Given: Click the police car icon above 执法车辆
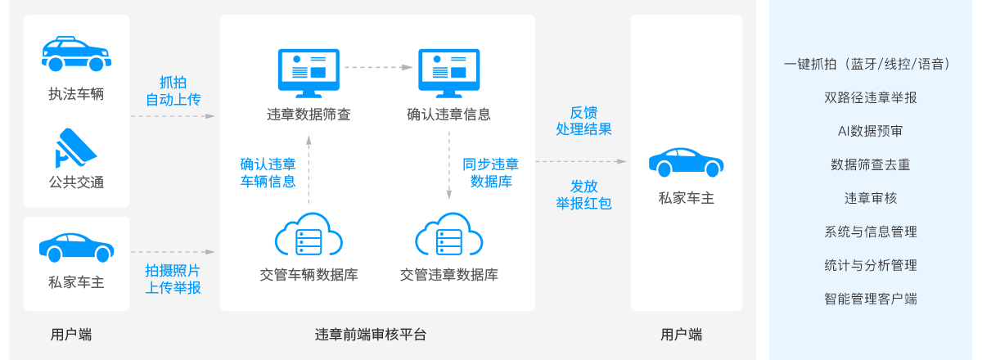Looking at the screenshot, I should tap(76, 56).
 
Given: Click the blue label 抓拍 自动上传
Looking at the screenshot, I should tap(173, 91).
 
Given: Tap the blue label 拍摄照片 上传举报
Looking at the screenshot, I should tap(173, 279).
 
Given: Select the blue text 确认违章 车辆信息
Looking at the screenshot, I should tap(268, 173).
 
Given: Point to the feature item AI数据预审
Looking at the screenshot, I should tap(870, 131).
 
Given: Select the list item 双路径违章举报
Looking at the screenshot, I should tap(870, 97).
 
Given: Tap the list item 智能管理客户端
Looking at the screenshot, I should tap(870, 299).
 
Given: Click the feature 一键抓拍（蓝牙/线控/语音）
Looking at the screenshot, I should tap(870, 64).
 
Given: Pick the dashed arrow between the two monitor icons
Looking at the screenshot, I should tap(378, 66).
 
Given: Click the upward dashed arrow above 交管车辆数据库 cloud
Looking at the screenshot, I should tap(309, 168).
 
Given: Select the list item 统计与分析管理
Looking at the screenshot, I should tap(870, 265).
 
